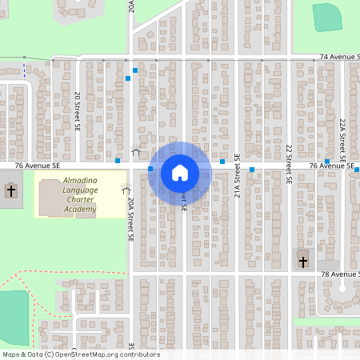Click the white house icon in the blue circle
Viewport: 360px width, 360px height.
point(180,172)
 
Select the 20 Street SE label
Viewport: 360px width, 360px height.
point(78,110)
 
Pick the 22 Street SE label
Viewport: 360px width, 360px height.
point(288,163)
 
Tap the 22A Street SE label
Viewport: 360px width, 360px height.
point(342,136)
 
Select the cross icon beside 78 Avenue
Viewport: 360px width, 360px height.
point(302,261)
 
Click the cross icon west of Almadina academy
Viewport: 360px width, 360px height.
point(11,190)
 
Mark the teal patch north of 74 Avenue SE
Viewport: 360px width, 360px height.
point(326,17)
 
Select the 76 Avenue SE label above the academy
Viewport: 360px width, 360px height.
point(38,165)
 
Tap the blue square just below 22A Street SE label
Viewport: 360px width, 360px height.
point(327,162)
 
